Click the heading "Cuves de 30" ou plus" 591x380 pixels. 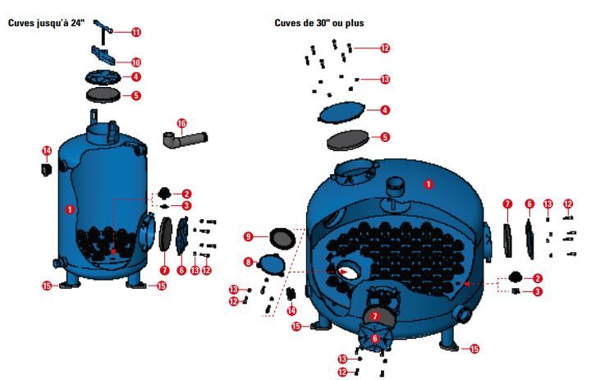tap(319, 23)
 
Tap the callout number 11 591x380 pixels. tap(136, 32)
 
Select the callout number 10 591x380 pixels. tap(136, 62)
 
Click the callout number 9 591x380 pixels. tap(247, 236)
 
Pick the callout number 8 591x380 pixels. tap(247, 262)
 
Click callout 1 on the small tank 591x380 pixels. tap(70, 209)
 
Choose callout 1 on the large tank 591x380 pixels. tap(427, 184)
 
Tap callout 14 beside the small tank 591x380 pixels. tap(47, 151)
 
